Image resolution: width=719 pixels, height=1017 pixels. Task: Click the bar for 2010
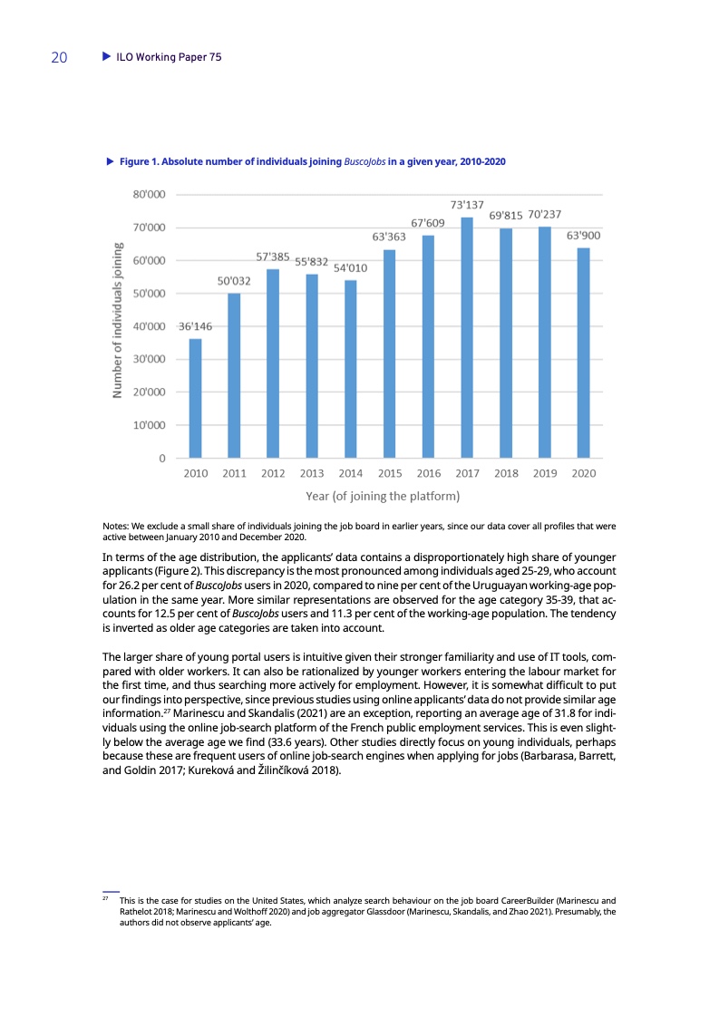click(195, 398)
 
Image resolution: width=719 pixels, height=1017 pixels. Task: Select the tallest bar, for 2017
click(467, 337)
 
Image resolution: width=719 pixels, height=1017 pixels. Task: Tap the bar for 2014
click(350, 369)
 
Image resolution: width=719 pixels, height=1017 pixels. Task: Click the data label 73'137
click(467, 204)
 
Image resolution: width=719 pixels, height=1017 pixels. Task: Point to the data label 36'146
click(195, 325)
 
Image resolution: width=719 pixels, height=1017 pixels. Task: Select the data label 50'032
click(234, 281)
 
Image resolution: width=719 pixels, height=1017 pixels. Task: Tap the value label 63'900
click(584, 235)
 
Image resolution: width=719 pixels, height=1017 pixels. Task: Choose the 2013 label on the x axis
click(312, 473)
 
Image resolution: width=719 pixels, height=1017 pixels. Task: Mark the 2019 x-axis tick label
click(545, 473)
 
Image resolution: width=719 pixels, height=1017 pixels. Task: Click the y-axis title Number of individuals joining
click(117, 319)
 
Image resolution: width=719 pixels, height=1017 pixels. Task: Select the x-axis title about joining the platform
click(383, 496)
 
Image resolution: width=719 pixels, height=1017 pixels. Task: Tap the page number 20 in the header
click(59, 57)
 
